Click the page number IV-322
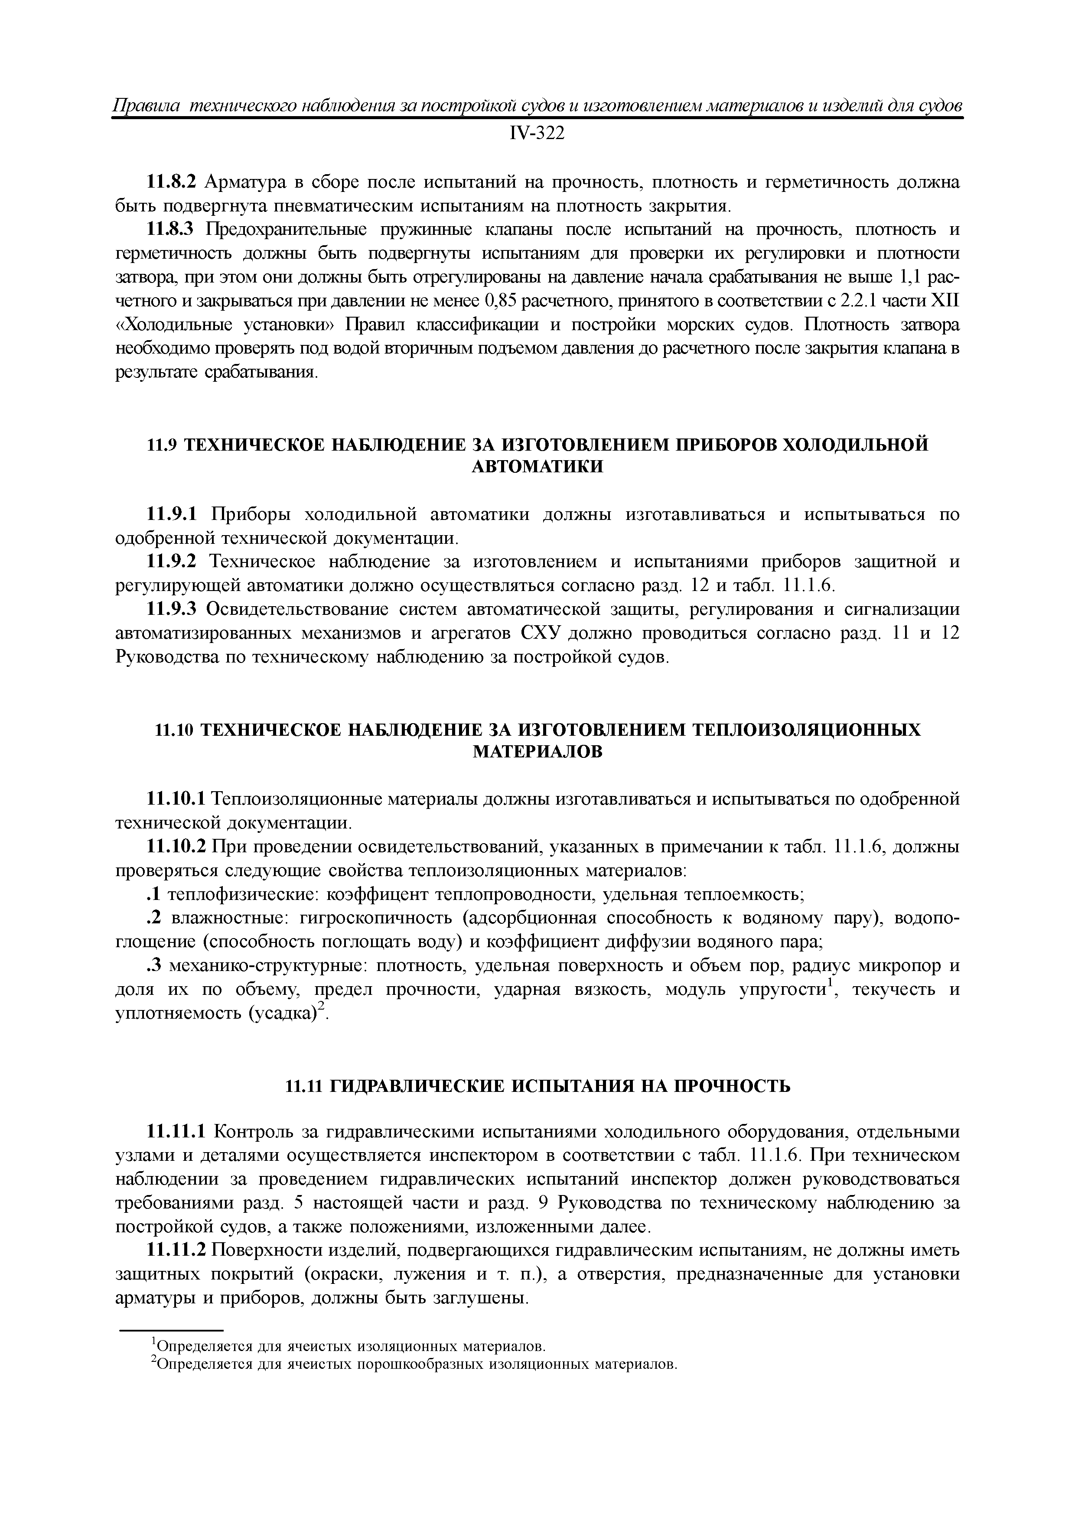pyautogui.click(x=537, y=134)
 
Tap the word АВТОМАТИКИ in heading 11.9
pyautogui.click(x=537, y=466)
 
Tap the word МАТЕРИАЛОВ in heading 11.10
pyautogui.click(x=537, y=752)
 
